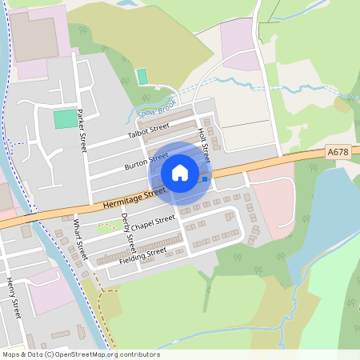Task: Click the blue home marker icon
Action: click(x=180, y=172)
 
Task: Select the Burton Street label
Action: click(x=146, y=162)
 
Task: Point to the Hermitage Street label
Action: click(x=134, y=197)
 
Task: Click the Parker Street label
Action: click(x=81, y=130)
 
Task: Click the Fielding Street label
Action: click(x=142, y=254)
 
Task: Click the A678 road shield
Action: click(x=338, y=150)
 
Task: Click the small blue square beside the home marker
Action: click(x=205, y=178)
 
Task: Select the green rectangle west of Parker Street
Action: click(x=62, y=119)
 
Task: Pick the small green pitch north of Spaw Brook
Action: click(x=142, y=76)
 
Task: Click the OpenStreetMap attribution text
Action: click(x=81, y=354)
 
